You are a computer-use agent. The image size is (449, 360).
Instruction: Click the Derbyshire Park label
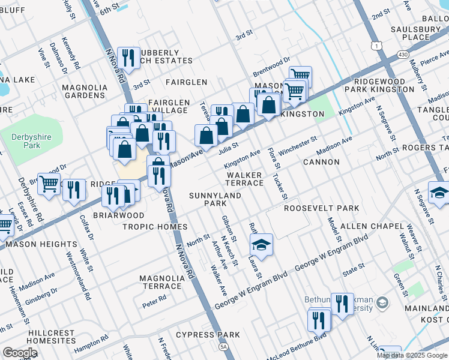point(25,141)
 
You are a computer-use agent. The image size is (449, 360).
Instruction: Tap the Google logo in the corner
point(20,353)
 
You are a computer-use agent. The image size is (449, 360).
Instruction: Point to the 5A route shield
point(224,347)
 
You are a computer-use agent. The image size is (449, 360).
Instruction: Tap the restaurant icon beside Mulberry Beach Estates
point(128,58)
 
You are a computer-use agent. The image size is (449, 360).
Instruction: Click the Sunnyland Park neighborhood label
point(215,199)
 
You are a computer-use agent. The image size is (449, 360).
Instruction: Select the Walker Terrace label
point(244,179)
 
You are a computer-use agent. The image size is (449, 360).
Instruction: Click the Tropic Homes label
point(155,227)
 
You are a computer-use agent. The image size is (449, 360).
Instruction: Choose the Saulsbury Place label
point(416,33)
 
